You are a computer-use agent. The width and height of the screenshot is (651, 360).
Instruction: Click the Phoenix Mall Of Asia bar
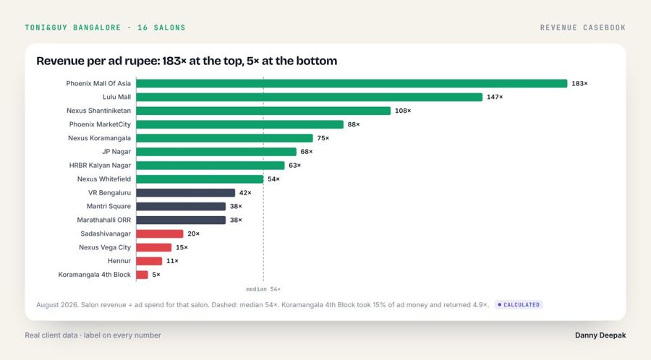point(352,83)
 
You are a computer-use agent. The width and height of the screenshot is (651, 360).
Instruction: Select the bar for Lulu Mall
point(310,97)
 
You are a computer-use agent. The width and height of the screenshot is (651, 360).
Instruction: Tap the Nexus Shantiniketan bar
point(263,111)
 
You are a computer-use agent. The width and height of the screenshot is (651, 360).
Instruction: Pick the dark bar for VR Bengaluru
point(186,193)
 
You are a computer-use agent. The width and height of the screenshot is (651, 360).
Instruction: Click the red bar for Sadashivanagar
point(160,234)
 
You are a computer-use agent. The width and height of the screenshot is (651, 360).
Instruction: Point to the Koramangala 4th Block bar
point(142,275)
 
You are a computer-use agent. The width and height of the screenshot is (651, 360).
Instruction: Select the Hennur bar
point(149,261)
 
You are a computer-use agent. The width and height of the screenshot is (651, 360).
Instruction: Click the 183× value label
point(579,83)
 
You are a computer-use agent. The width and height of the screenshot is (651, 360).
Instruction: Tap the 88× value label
point(354,124)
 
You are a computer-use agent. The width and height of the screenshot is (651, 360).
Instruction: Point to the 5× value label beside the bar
point(156,275)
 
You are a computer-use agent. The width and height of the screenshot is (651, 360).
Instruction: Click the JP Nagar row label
point(116,152)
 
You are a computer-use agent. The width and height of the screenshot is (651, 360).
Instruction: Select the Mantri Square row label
point(109,206)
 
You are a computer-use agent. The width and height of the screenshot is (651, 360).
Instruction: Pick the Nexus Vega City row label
point(105,247)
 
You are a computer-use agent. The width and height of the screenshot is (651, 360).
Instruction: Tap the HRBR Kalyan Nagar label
point(100,166)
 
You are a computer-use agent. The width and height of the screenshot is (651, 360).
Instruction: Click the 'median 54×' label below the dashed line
point(263,289)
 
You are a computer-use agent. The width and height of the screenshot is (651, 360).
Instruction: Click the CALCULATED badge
point(519,305)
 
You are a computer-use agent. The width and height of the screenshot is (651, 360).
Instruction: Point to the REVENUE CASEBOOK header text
point(583,27)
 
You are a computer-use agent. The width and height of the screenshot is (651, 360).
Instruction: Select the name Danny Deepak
point(600,335)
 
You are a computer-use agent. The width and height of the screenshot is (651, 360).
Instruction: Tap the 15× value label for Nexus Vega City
point(182,248)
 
